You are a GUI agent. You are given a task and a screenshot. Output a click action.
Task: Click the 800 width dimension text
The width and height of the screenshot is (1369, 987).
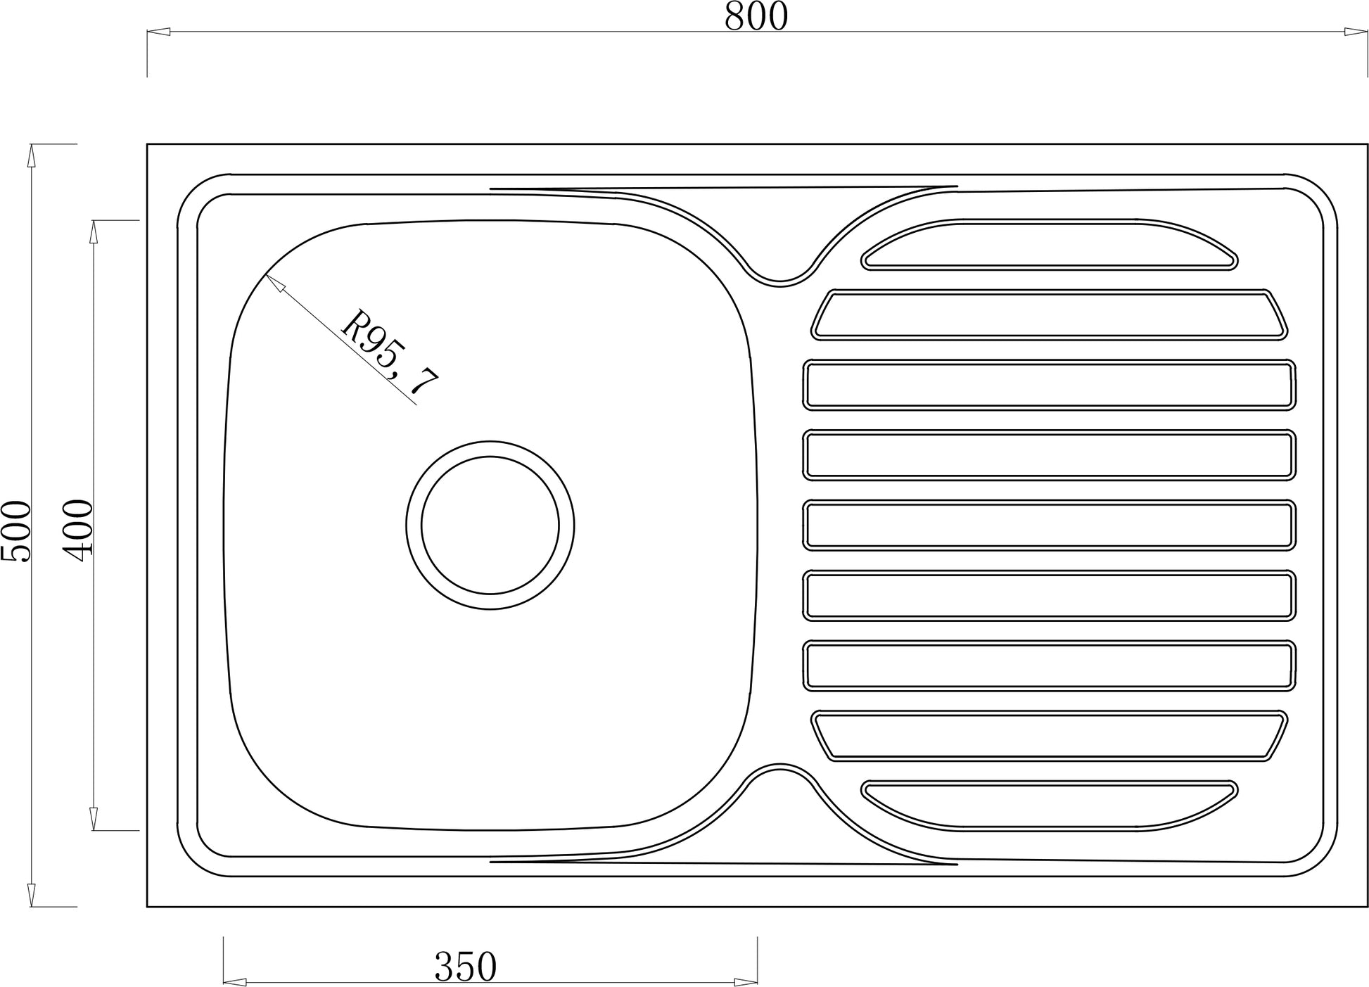pyautogui.click(x=756, y=17)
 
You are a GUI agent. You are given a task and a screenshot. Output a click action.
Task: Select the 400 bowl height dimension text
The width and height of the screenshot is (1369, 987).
pyautogui.click(x=78, y=530)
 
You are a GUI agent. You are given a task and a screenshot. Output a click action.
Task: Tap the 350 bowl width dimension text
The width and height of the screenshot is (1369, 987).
pyautogui.click(x=466, y=967)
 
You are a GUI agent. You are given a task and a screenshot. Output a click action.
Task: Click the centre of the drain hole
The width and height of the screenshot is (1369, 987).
pyautogui.click(x=490, y=525)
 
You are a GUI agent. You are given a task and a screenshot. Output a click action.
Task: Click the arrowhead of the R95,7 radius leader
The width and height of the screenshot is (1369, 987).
pyautogui.click(x=274, y=283)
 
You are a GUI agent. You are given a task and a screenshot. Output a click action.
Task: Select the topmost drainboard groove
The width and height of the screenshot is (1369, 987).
pyautogui.click(x=1049, y=244)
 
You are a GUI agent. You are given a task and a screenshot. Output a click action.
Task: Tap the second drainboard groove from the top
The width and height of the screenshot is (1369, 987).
pyautogui.click(x=1049, y=314)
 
